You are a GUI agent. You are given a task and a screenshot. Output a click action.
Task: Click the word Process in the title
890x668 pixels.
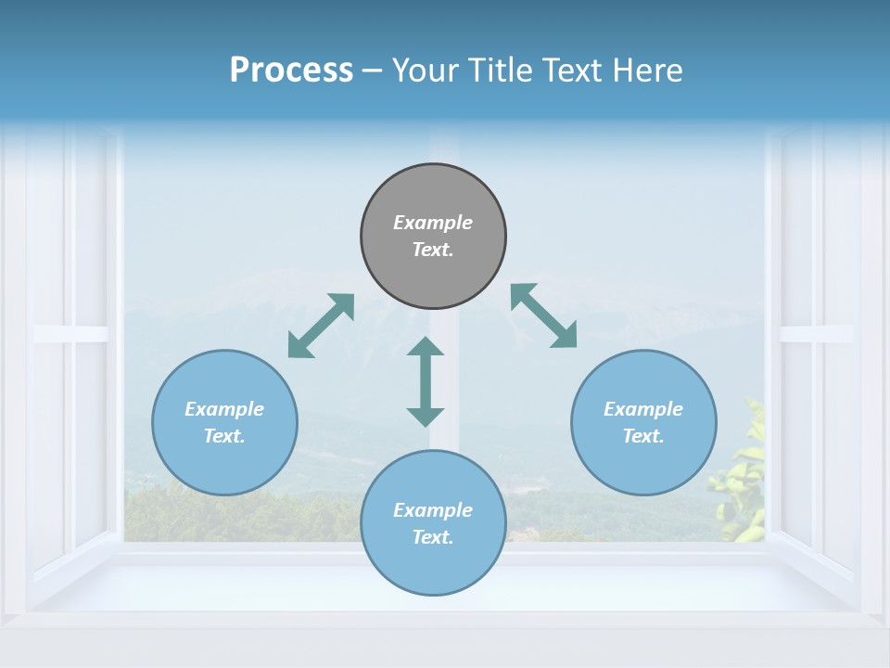pos(291,71)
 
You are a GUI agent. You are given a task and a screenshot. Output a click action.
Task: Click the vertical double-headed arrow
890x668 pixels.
pos(426,381)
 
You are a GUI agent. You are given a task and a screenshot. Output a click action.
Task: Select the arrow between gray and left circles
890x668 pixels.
pos(321,326)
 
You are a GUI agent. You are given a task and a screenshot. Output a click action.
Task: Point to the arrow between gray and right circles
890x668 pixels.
pos(544,315)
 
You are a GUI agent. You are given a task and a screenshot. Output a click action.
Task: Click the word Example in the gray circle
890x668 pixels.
pos(433,223)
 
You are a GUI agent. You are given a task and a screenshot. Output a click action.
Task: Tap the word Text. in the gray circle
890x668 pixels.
pos(433,250)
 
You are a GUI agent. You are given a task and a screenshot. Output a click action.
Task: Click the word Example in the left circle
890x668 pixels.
pos(224,409)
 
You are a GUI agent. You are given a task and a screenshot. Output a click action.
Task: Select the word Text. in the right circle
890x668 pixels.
pos(643,436)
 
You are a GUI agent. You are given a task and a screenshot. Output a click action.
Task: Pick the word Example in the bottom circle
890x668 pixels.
pos(433,510)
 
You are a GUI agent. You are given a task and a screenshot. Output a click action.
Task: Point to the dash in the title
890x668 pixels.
pos(373,71)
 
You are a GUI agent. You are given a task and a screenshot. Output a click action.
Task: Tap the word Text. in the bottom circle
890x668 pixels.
pos(433,537)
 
